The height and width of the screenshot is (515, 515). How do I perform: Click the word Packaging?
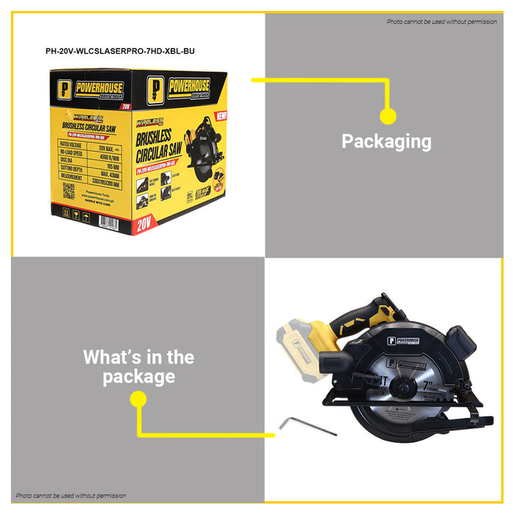(x=386, y=141)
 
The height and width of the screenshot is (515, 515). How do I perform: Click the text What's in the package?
(x=138, y=367)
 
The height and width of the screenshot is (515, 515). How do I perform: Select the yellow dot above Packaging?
(x=388, y=116)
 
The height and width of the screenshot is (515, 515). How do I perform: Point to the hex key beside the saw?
(x=297, y=425)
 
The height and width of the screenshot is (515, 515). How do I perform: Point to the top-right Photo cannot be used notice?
(x=441, y=21)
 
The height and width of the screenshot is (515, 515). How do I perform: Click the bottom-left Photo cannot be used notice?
(x=71, y=496)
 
